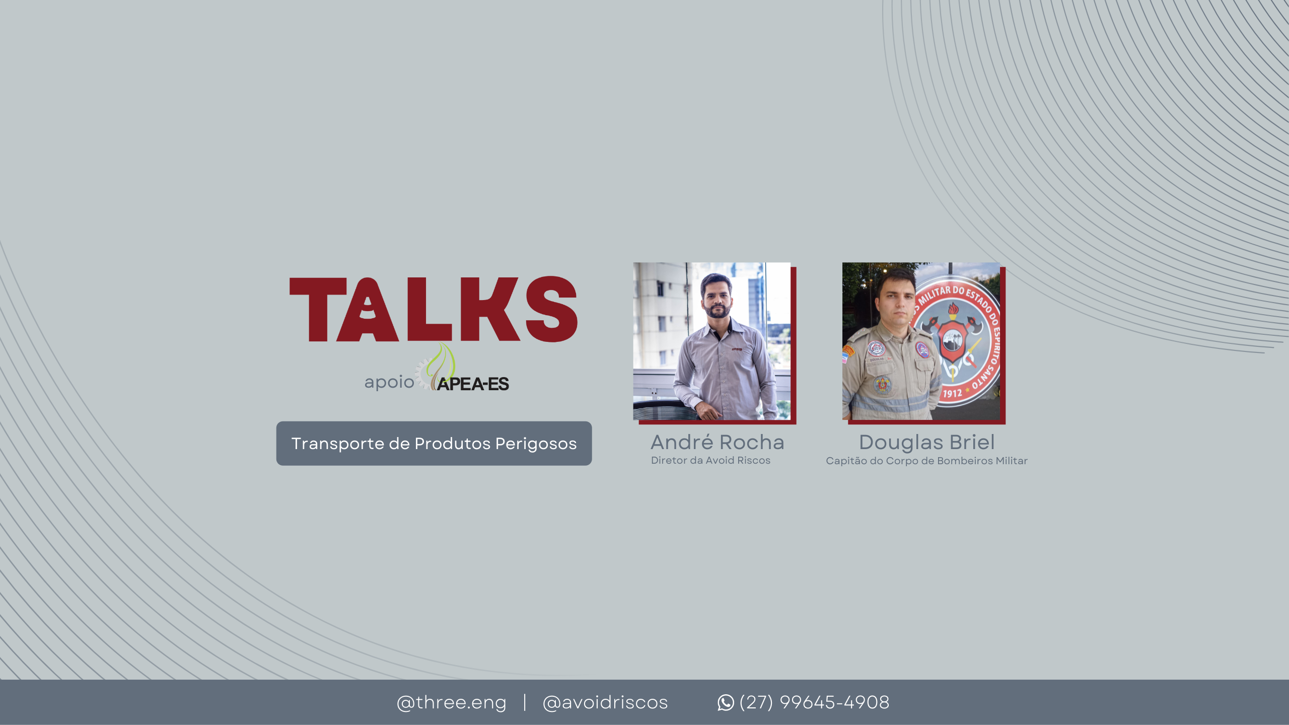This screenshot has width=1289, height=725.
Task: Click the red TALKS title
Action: pos(434,309)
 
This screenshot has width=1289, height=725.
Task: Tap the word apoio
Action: pos(389,382)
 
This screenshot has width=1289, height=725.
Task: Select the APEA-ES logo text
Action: pos(473,384)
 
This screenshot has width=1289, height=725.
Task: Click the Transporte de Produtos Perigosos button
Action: pos(434,444)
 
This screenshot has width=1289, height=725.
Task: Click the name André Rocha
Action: pos(718,442)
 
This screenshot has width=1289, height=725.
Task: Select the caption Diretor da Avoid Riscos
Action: pos(710,460)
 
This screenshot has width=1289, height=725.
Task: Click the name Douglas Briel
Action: pos(927,442)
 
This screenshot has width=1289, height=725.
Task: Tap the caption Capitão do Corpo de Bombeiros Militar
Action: pos(926,461)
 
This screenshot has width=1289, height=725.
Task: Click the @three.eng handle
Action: pos(452,702)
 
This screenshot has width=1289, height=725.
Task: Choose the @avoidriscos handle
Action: pos(605,702)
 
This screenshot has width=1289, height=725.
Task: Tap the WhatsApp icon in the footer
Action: pos(726,702)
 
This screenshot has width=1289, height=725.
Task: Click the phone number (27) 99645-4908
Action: pos(814,702)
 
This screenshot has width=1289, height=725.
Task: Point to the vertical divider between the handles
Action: pos(525,702)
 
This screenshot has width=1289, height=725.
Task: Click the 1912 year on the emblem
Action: pos(952,393)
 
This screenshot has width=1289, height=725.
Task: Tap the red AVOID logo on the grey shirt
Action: pos(737,349)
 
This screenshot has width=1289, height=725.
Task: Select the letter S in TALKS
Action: pos(551,309)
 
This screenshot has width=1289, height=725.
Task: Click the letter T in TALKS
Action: pos(318,309)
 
